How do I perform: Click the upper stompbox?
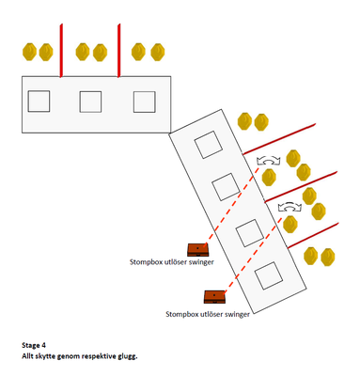point(198,250)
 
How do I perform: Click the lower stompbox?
point(215,297)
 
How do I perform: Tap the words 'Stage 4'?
point(34,345)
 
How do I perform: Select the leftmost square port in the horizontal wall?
point(39,102)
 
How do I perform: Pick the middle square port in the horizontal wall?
point(90,102)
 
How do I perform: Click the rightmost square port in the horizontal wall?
point(145,102)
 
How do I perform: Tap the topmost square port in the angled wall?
point(209,145)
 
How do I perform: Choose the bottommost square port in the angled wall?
point(269,275)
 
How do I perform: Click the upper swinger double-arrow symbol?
point(268,160)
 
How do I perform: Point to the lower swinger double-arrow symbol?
point(290,207)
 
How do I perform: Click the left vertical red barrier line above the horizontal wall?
point(61,50)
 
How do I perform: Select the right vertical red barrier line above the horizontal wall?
point(118,50)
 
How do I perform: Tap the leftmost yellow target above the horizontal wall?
point(29,52)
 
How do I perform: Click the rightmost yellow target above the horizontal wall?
point(158,53)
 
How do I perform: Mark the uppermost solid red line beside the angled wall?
point(279,139)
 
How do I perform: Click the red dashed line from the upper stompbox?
point(232,206)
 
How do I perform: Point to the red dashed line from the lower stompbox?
point(253,255)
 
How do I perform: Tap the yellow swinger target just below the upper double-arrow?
point(269,178)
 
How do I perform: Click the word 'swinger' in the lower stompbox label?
point(237,314)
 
